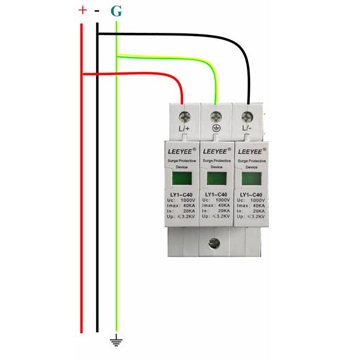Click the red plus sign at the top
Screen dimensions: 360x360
[x=82, y=10]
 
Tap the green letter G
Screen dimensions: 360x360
[x=117, y=10]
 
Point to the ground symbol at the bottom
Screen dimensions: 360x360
[x=117, y=339]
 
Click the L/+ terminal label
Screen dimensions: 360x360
[x=184, y=129]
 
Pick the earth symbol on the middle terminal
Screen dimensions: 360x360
[x=216, y=129]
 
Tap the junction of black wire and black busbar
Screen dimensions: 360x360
[x=97, y=34]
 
